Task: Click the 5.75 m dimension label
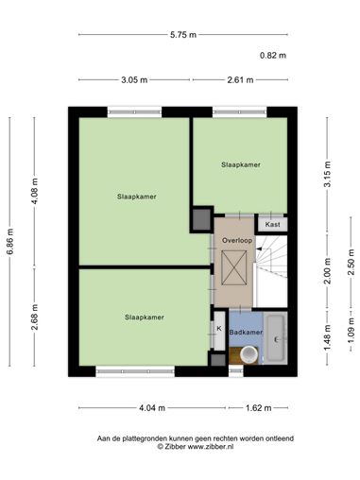pyautogui.click(x=183, y=35)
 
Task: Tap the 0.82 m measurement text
pyautogui.click(x=273, y=56)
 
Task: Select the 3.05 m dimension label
pyautogui.click(x=134, y=80)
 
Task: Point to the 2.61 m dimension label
pyautogui.click(x=240, y=80)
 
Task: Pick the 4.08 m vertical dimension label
pyautogui.click(x=35, y=191)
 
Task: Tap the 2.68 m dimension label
pyautogui.click(x=35, y=317)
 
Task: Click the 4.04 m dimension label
pyautogui.click(x=152, y=408)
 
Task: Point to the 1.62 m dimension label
pyautogui.click(x=258, y=408)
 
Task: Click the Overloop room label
pyautogui.click(x=237, y=240)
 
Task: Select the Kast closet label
pyautogui.click(x=272, y=224)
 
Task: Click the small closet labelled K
pyautogui.click(x=219, y=330)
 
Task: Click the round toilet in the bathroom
pyautogui.click(x=249, y=354)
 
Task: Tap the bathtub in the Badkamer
pyautogui.click(x=276, y=338)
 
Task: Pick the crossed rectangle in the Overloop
pyautogui.click(x=234, y=267)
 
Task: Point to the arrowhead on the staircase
pyautogui.click(x=259, y=249)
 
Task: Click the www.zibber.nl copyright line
pyautogui.click(x=196, y=446)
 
